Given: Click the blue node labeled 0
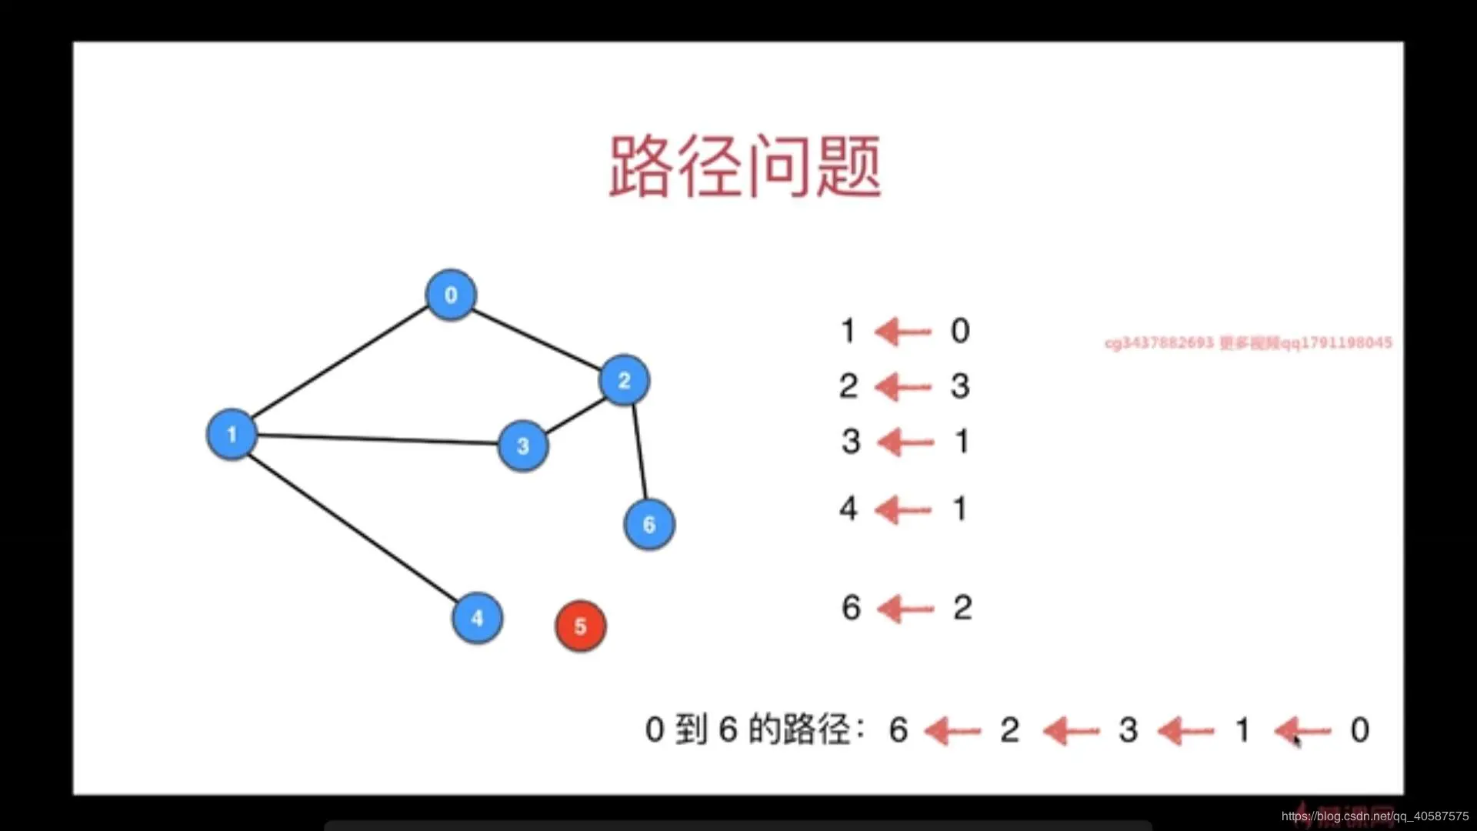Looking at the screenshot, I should point(451,295).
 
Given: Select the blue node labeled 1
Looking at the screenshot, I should point(232,435).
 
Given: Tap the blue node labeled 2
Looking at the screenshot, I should point(624,380).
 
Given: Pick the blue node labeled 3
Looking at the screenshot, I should point(523,446).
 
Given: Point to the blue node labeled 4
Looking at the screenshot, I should point(477,618).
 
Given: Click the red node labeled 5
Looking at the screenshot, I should point(581,626).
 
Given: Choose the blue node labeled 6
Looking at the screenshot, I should point(649,525).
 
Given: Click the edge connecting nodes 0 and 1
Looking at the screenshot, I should point(338,363).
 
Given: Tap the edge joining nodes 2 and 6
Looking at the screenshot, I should point(639,451).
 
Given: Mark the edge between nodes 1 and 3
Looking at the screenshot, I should point(377,439).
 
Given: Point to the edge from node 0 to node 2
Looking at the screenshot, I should point(536,339).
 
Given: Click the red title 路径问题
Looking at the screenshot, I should point(745,166).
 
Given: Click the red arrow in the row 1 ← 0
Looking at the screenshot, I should point(904,332).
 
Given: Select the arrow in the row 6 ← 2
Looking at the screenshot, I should point(905,609).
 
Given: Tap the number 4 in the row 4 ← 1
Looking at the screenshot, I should point(848,509).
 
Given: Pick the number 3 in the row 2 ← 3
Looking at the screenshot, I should point(960,386).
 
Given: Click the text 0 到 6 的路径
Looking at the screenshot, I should point(754,729).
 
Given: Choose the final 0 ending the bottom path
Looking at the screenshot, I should point(1360,729).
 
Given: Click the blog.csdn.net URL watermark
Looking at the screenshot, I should point(1375,816).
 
